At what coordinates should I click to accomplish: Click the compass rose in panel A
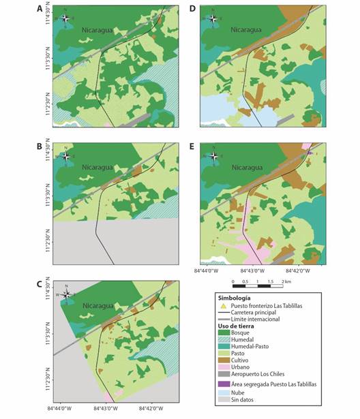coord(65,18)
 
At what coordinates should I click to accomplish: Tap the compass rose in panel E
coord(213,156)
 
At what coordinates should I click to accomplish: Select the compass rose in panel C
coord(66,294)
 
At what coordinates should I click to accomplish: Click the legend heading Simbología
coord(235,298)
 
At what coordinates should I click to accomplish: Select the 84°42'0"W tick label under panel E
coord(298,270)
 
